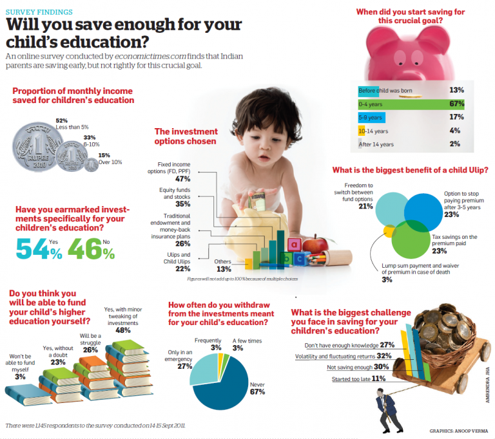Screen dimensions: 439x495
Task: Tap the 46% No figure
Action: click(91, 248)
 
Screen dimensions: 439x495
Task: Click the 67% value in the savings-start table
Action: click(456, 104)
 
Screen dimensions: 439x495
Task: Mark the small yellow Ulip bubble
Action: click(389, 230)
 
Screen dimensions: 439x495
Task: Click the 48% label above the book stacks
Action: click(122, 330)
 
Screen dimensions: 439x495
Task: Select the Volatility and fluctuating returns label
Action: click(338, 355)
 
